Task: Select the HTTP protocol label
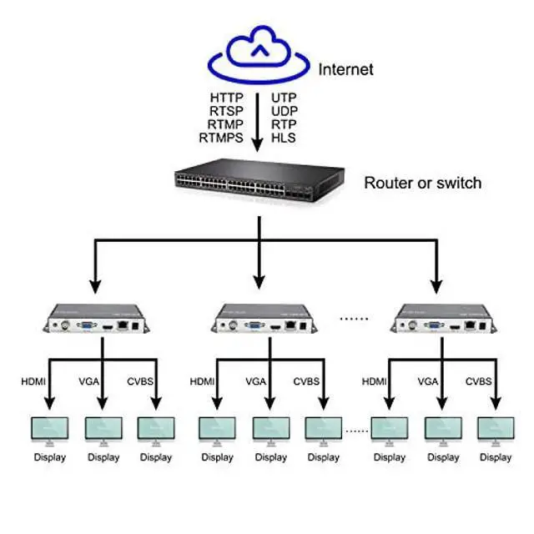(x=226, y=98)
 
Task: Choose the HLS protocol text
(x=283, y=139)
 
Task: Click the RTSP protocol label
(x=226, y=111)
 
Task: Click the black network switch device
(x=259, y=184)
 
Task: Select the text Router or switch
(x=422, y=183)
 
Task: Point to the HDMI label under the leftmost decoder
(x=34, y=381)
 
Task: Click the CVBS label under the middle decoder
(x=307, y=381)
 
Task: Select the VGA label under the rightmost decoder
(x=428, y=381)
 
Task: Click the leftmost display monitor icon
(x=49, y=429)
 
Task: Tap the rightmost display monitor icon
(x=496, y=429)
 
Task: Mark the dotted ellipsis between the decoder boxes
(x=355, y=318)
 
